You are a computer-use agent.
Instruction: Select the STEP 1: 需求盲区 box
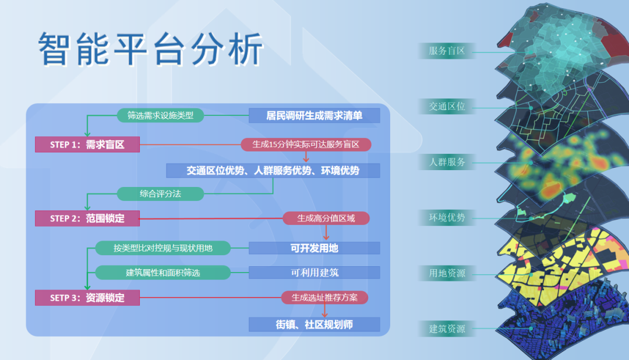pyautogui.click(x=87, y=144)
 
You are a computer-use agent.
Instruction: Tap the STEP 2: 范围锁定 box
pyautogui.click(x=87, y=218)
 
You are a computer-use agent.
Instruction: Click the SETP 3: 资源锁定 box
pyautogui.click(x=87, y=298)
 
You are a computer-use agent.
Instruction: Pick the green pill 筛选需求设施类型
pyautogui.click(x=160, y=115)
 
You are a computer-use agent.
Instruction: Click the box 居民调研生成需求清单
pyautogui.click(x=314, y=115)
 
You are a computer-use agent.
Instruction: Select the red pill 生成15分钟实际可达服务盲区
pyautogui.click(x=306, y=144)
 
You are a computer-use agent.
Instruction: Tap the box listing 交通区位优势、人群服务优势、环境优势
pyautogui.click(x=273, y=170)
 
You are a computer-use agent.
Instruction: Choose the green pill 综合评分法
pyautogui.click(x=160, y=193)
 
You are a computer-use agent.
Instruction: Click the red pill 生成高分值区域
pyautogui.click(x=326, y=218)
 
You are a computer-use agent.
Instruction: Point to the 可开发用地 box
pyautogui.click(x=314, y=248)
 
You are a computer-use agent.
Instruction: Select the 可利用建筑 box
pyautogui.click(x=314, y=272)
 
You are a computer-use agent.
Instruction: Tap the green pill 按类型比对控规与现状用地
pyautogui.click(x=162, y=248)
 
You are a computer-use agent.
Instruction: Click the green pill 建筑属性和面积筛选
pyautogui.click(x=162, y=272)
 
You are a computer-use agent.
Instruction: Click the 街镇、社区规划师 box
pyautogui.click(x=314, y=324)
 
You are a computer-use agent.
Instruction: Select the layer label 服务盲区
pyautogui.click(x=447, y=51)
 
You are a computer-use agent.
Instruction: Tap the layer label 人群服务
pyautogui.click(x=447, y=162)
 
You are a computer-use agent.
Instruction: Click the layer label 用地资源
pyautogui.click(x=447, y=273)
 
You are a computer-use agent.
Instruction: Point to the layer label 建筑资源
pyautogui.click(x=447, y=329)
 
